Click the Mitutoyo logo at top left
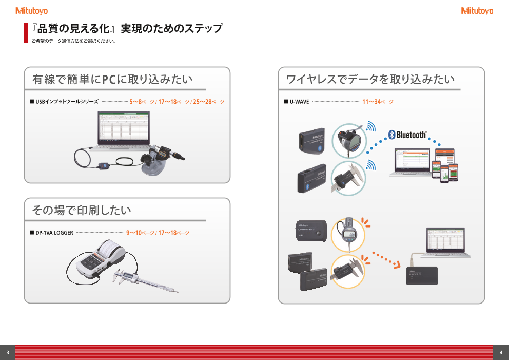[31, 10]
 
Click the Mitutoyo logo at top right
[477, 10]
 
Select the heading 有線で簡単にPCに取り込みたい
[112, 80]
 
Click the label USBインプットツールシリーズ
[67, 102]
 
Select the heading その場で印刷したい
[81, 210]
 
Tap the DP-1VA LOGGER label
[54, 233]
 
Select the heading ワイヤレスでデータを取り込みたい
[370, 80]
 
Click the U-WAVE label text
[299, 102]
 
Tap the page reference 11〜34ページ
[378, 102]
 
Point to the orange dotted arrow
[385, 259]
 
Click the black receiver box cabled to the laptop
[422, 275]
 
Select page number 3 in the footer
[8, 352]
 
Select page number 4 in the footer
[501, 352]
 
